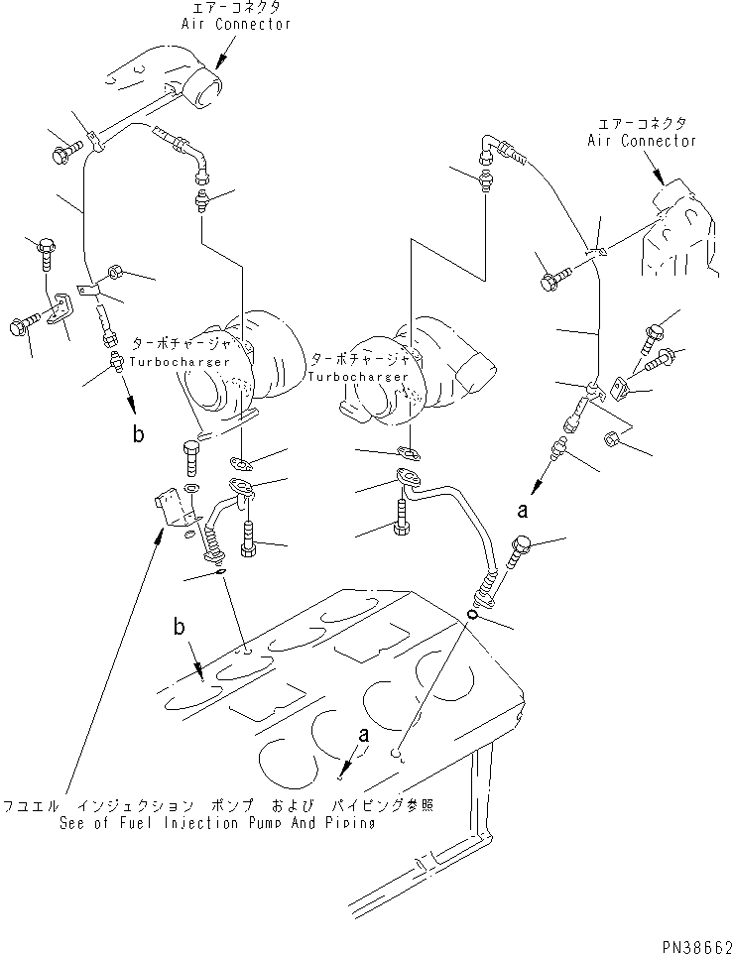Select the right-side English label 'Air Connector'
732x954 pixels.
[641, 141]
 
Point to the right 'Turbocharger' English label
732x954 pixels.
[356, 377]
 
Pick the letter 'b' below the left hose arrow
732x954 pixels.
[138, 432]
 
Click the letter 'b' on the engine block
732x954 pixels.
[180, 626]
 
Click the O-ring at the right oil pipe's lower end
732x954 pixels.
[474, 615]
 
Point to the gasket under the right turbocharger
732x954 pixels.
[406, 453]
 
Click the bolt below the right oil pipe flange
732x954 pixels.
[400, 516]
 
